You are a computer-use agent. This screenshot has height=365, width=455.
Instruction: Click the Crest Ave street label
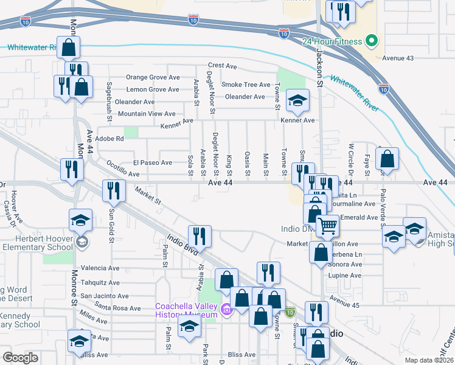[x=222, y=65]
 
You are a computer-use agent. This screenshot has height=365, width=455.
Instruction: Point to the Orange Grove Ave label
[x=153, y=77]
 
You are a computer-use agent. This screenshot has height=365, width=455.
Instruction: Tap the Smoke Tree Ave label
[x=246, y=85]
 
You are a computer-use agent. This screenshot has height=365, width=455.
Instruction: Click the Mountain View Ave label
[x=147, y=114]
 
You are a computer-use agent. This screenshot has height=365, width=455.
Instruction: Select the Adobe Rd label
[x=110, y=139]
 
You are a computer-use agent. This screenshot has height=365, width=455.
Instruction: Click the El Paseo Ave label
[x=153, y=162]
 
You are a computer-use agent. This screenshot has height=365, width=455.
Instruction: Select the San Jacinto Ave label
[x=105, y=296]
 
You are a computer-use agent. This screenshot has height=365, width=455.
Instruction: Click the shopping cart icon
[x=328, y=226]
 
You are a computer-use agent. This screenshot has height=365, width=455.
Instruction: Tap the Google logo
[x=20, y=357]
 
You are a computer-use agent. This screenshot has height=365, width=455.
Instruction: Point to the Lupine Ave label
[x=345, y=276]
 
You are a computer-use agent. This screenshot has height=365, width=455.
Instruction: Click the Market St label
[x=148, y=196]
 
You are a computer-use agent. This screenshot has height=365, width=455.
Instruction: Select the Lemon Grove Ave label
[x=153, y=89]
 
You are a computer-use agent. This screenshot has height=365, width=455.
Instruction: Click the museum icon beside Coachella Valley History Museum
[x=227, y=310]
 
